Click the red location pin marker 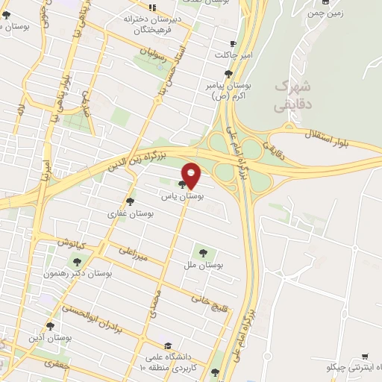(192, 175)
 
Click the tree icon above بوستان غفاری (130, 201)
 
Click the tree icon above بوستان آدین (51, 326)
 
